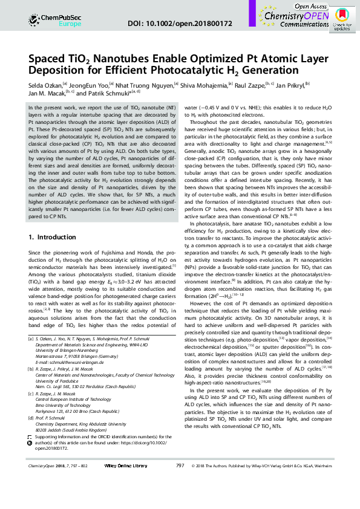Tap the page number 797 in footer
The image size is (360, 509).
click(180, 499)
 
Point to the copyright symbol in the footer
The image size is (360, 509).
click(192, 499)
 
